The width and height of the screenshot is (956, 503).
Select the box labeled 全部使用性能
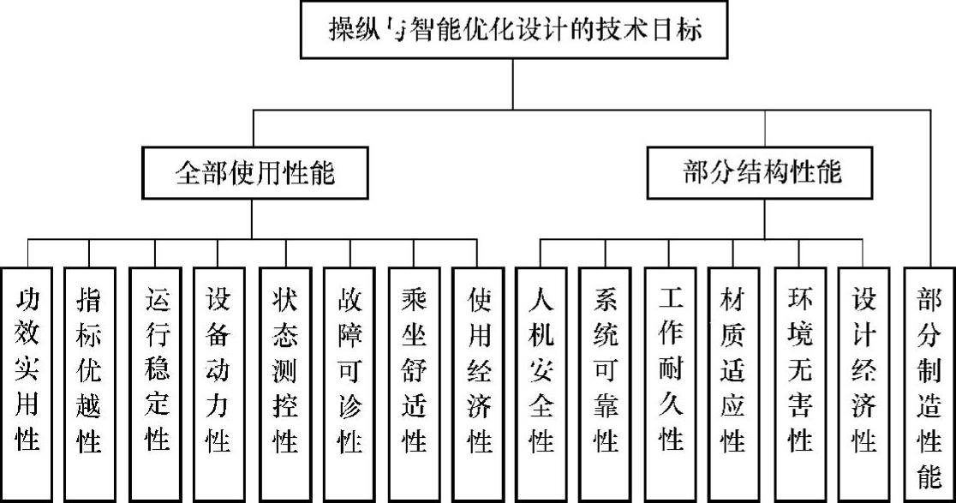click(254, 174)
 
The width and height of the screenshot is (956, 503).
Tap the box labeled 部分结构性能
click(763, 174)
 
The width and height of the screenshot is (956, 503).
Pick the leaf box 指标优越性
click(90, 384)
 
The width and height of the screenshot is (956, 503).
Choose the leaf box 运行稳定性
click(155, 384)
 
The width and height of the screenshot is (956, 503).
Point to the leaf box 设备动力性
click(218, 384)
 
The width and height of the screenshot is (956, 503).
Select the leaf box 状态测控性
click(284, 384)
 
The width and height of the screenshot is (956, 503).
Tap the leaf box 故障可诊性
click(348, 384)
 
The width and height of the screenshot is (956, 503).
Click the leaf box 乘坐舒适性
click(413, 384)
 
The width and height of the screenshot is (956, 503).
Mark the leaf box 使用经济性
click(478, 384)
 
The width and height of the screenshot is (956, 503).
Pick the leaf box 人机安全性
click(541, 384)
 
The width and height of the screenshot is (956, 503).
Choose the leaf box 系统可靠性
click(606, 384)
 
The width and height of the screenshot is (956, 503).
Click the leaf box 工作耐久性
click(671, 384)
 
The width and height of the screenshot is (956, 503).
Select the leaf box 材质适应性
click(735, 384)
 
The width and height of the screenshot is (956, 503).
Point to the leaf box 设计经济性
click(863, 384)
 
